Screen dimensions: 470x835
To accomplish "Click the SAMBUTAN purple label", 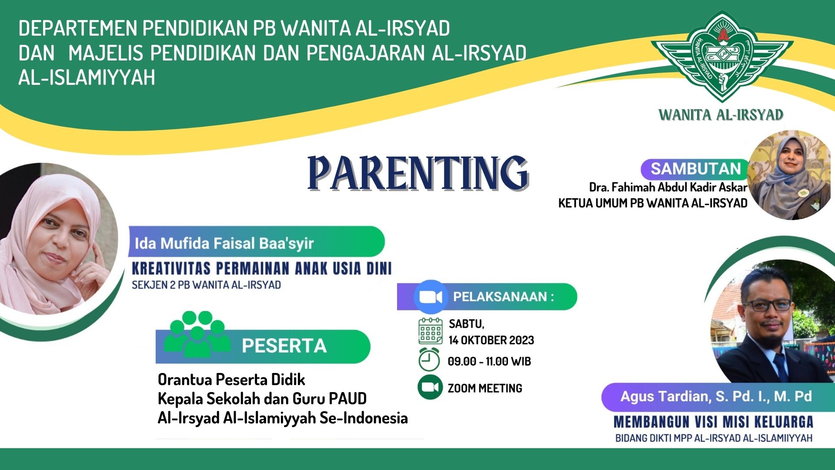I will (695, 169).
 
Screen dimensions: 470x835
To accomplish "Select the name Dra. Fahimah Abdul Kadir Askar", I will (668, 187).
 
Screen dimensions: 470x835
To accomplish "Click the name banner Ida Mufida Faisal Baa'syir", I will (224, 243).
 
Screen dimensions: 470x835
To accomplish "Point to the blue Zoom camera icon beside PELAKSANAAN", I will (430, 297).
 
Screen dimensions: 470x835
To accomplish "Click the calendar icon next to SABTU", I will (430, 331).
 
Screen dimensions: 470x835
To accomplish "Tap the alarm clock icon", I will (429, 360).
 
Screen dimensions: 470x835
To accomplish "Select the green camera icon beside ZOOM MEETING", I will (430, 387).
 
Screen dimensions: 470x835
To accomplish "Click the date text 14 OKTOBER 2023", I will (491, 340).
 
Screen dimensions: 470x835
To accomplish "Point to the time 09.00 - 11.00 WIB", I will (489, 361).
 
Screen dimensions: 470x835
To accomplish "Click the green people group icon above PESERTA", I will (197, 333).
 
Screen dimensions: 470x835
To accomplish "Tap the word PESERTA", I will (284, 346).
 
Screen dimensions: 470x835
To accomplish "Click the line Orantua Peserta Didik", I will (231, 379).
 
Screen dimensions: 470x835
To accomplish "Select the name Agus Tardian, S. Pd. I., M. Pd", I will (715, 396).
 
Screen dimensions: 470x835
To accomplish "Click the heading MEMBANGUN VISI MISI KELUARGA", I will (713, 422).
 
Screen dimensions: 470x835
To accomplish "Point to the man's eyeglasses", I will (768, 305).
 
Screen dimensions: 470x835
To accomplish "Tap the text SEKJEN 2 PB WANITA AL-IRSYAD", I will (206, 285).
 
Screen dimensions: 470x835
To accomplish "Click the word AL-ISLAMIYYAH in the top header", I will (87, 77).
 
